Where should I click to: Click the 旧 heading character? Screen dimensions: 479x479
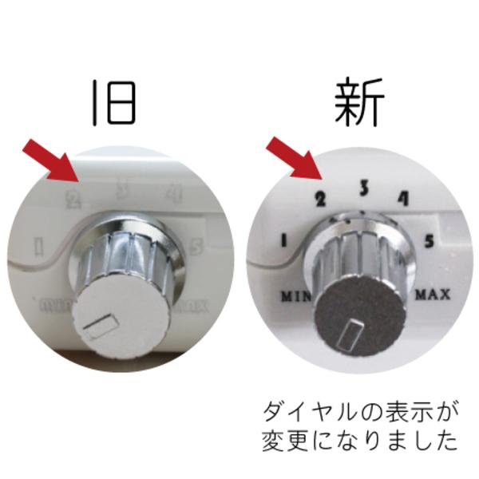pyautogui.click(x=114, y=102)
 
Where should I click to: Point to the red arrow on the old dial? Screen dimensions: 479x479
pyautogui.click(x=48, y=159)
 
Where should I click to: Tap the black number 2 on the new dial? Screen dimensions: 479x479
pyautogui.click(x=321, y=199)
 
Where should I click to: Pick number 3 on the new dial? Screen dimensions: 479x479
pyautogui.click(x=362, y=188)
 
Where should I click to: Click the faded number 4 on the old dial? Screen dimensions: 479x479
pyautogui.click(x=172, y=192)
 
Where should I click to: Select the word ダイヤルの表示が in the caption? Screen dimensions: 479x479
pyautogui.click(x=362, y=413)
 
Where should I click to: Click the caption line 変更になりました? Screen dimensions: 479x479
pyautogui.click(x=362, y=441)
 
